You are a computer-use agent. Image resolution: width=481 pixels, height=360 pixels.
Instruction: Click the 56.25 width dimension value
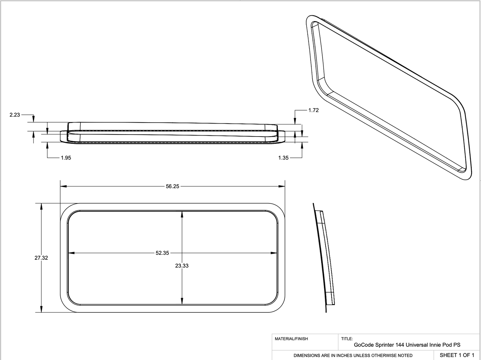[172, 186]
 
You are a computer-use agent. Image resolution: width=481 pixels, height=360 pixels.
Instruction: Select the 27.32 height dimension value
[41, 258]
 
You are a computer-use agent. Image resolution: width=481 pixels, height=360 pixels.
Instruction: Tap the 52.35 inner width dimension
[162, 253]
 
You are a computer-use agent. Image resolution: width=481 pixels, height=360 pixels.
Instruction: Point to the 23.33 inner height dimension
[182, 266]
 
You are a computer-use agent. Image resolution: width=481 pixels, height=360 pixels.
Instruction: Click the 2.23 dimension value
[15, 115]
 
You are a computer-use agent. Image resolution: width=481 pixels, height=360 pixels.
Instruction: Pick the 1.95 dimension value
[66, 158]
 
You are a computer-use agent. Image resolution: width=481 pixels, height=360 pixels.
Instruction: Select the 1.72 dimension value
[313, 110]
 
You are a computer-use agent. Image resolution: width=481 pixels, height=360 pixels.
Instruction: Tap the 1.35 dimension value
[283, 158]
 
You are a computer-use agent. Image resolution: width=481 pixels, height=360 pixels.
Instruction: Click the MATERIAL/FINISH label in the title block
[291, 339]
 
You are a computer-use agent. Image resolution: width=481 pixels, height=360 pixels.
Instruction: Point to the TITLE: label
[347, 339]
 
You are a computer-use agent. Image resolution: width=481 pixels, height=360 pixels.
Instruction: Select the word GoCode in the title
[362, 345]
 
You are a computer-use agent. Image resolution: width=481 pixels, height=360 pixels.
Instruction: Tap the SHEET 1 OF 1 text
[457, 355]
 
